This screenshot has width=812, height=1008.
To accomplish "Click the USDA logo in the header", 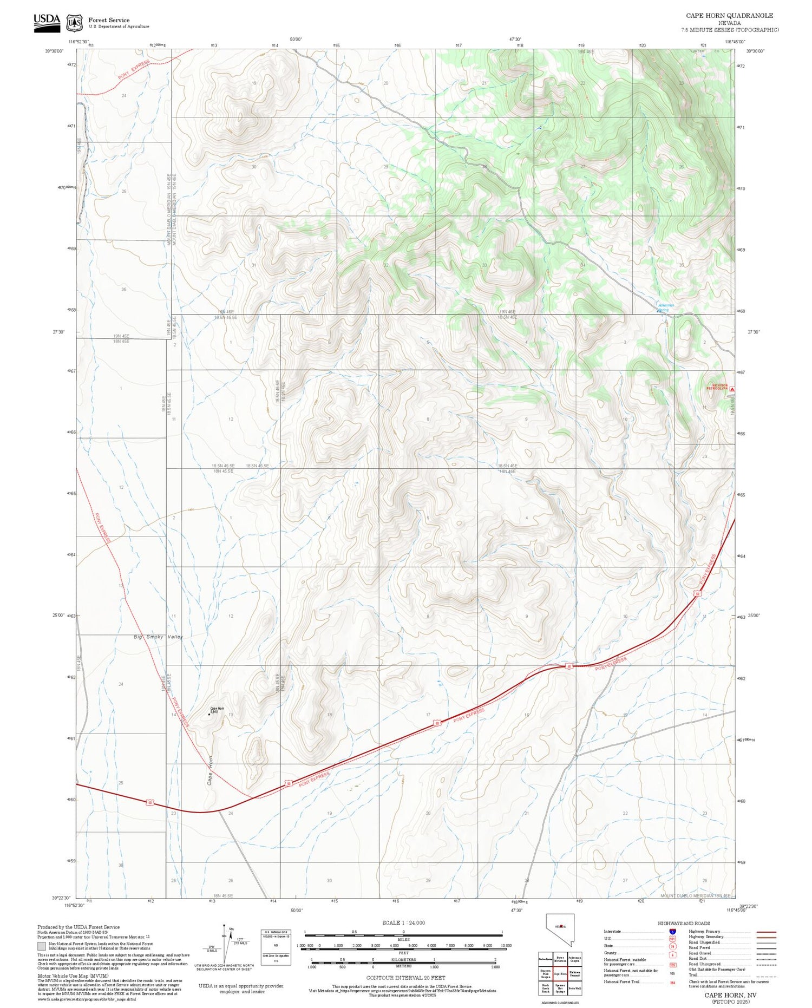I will pyautogui.click(x=47, y=22).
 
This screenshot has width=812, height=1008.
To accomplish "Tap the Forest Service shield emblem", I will pyautogui.click(x=74, y=23).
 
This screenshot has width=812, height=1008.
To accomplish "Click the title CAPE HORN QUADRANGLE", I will pyautogui.click(x=729, y=16).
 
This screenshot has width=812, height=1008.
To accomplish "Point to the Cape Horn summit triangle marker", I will pyautogui.click(x=209, y=714).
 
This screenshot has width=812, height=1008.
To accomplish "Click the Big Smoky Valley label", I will pyautogui.click(x=158, y=637).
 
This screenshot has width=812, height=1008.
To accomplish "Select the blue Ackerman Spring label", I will pyautogui.click(x=666, y=307).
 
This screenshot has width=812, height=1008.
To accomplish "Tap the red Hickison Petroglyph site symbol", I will pyautogui.click(x=732, y=389).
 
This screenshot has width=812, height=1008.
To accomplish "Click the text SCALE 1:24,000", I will pyautogui.click(x=403, y=922).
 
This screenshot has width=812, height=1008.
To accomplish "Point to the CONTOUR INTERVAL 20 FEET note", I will pyautogui.click(x=405, y=978).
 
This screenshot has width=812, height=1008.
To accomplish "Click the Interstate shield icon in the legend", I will pyautogui.click(x=672, y=931).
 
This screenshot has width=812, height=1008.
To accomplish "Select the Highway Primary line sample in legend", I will pyautogui.click(x=763, y=932).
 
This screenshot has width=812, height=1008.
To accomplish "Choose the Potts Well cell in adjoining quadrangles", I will pyautogui.click(x=574, y=988).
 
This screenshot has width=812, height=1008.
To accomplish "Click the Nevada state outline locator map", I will pyautogui.click(x=560, y=930).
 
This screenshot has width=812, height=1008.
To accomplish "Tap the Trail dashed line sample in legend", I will pyautogui.click(x=763, y=974).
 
